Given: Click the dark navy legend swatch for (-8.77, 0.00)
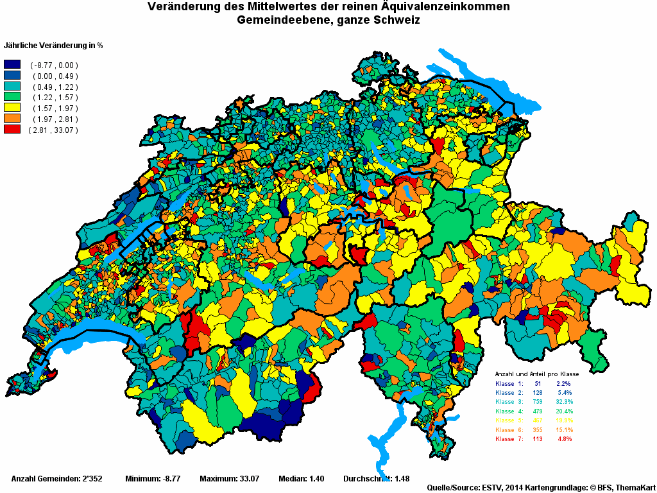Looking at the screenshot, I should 12,65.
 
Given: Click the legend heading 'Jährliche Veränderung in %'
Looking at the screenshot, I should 54,46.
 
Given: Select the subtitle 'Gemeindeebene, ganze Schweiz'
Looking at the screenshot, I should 328,21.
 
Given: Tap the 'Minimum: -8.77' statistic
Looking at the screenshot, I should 153,479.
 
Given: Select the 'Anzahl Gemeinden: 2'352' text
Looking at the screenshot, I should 57,479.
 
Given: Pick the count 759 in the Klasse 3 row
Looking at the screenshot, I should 538,401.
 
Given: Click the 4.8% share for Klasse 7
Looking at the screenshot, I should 564,439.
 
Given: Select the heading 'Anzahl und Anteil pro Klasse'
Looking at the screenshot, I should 537,374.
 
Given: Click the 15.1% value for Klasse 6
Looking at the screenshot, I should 565,429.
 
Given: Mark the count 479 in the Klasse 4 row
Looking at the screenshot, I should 538,411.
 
